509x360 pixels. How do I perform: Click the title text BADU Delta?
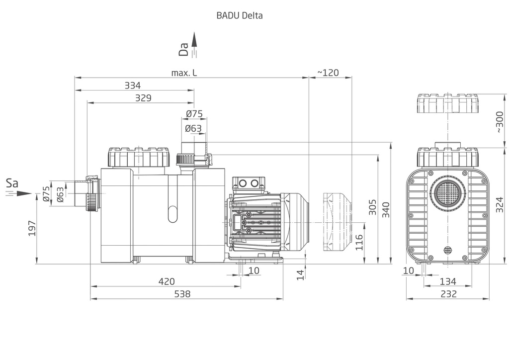pos(240,15)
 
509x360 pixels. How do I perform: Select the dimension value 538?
pos(183,294)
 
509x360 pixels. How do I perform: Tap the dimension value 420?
pos(167,281)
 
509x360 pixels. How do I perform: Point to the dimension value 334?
pos(133,86)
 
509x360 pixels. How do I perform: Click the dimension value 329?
pos(143,98)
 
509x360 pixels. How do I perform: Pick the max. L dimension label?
pos(184,73)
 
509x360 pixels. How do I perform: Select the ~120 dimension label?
pos(328,73)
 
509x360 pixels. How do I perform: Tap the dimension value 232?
pos(449,294)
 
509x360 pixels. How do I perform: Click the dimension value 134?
pos(449,281)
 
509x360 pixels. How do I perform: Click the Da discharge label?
pos(184,48)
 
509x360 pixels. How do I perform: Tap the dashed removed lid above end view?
pos(447,104)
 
